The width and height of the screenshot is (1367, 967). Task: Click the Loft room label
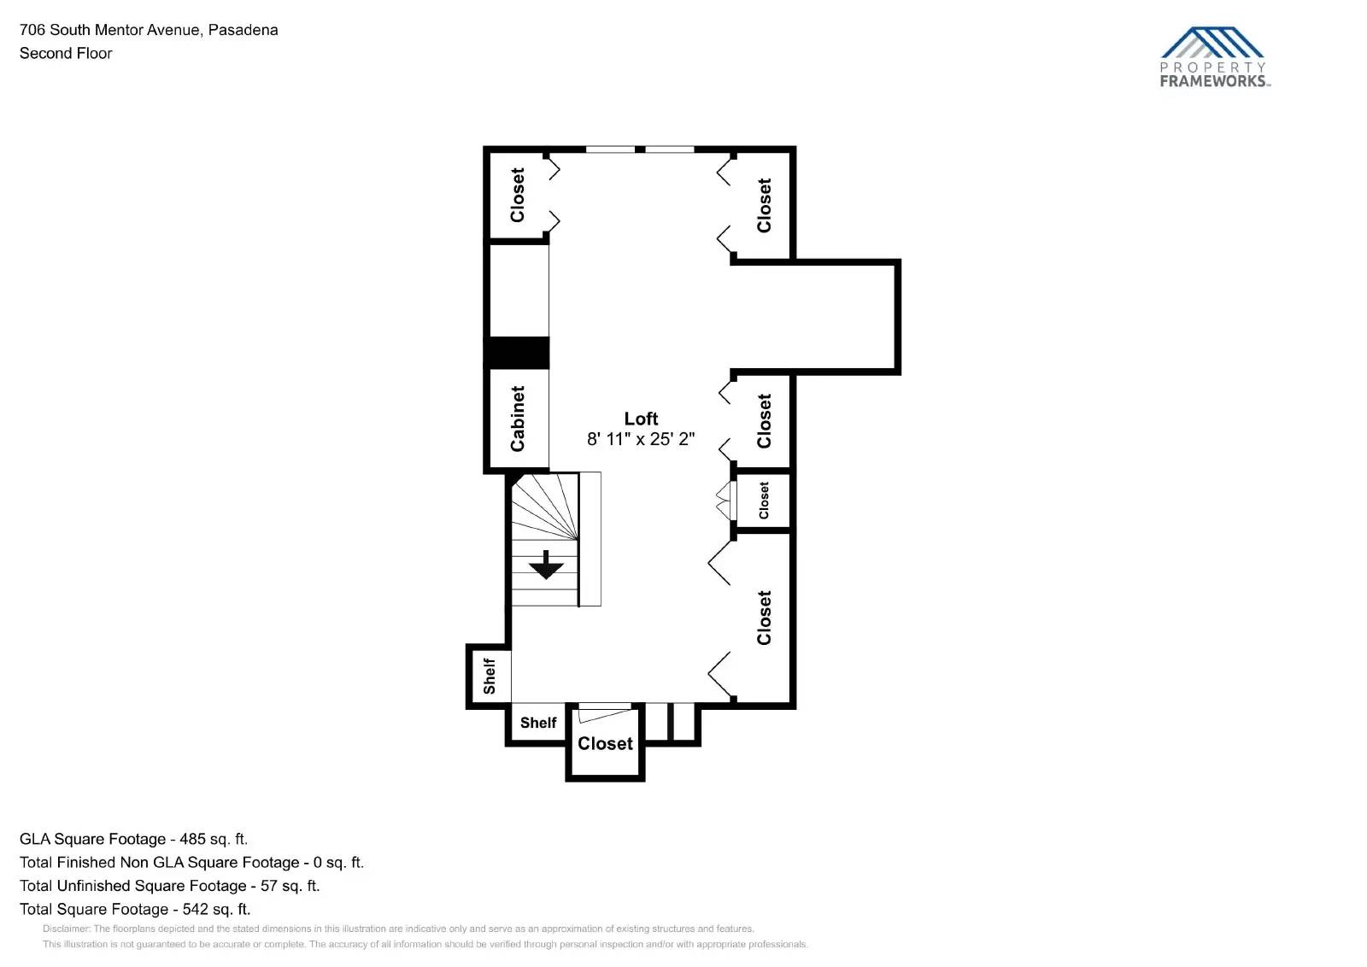point(641,419)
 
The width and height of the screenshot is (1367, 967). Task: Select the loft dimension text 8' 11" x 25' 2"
point(641,439)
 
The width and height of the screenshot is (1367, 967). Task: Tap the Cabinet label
point(518,419)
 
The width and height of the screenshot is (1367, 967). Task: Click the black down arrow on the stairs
point(545,566)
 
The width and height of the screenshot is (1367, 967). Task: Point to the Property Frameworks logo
point(1214,57)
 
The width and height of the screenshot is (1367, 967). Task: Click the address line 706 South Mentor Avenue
point(149,30)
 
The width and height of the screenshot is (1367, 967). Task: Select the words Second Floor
point(66,53)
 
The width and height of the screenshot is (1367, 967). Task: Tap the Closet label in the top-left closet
point(518,195)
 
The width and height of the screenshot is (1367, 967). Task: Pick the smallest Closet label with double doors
point(764,501)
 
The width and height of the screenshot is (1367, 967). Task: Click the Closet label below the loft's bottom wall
point(605,744)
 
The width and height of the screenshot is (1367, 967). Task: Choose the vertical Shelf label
point(490,676)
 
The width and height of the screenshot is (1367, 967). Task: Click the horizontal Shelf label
point(538,723)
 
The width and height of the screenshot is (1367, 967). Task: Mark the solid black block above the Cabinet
point(518,353)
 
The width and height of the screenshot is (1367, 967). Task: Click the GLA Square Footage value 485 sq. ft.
point(214,839)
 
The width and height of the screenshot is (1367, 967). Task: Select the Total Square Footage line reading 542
point(135,909)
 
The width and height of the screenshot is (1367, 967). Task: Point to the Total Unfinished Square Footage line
point(169,886)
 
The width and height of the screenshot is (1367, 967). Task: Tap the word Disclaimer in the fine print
point(66,929)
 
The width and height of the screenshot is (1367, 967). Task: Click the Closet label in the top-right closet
point(764,205)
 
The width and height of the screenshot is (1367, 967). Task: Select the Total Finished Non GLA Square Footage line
point(191,863)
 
